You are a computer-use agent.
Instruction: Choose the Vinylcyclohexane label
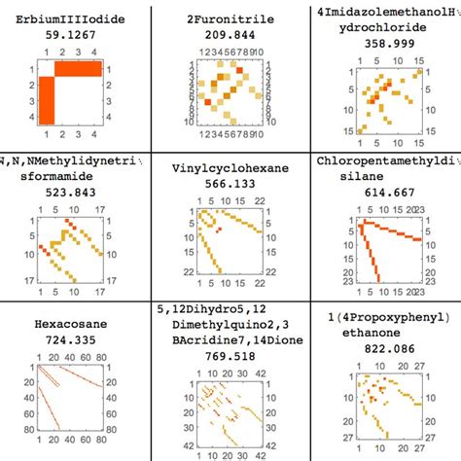tap(230, 166)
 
